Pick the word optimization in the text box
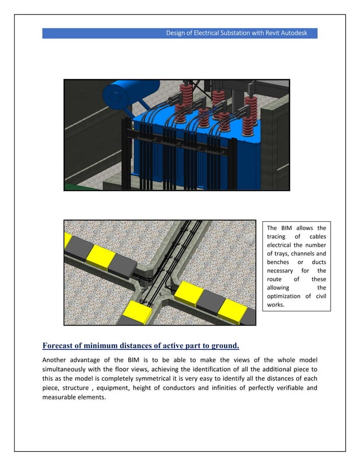click(x=283, y=296)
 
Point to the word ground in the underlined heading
click(x=225, y=346)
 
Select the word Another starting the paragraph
click(x=57, y=360)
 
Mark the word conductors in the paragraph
click(x=173, y=388)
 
